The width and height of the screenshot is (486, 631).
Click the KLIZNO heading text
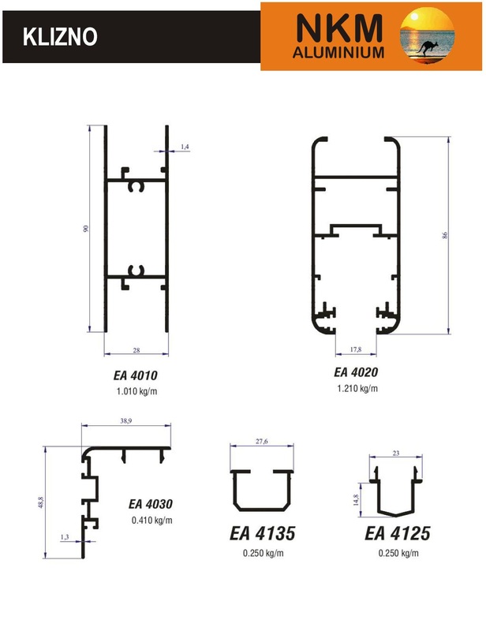pyautogui.click(x=60, y=37)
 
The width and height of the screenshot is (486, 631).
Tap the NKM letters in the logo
pyautogui.click(x=338, y=28)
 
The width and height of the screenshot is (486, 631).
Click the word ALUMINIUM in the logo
pyautogui.click(x=338, y=52)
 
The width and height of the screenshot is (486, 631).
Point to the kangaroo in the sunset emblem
pyautogui.click(x=427, y=48)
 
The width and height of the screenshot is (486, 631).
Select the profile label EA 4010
pyautogui.click(x=135, y=375)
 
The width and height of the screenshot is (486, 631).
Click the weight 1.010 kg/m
pyautogui.click(x=137, y=391)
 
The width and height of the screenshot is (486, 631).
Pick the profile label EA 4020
pyautogui.click(x=356, y=372)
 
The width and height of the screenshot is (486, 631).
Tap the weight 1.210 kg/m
pyautogui.click(x=357, y=388)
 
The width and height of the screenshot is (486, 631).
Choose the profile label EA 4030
pyautogui.click(x=151, y=504)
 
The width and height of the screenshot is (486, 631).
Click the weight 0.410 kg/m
pyautogui.click(x=151, y=521)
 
